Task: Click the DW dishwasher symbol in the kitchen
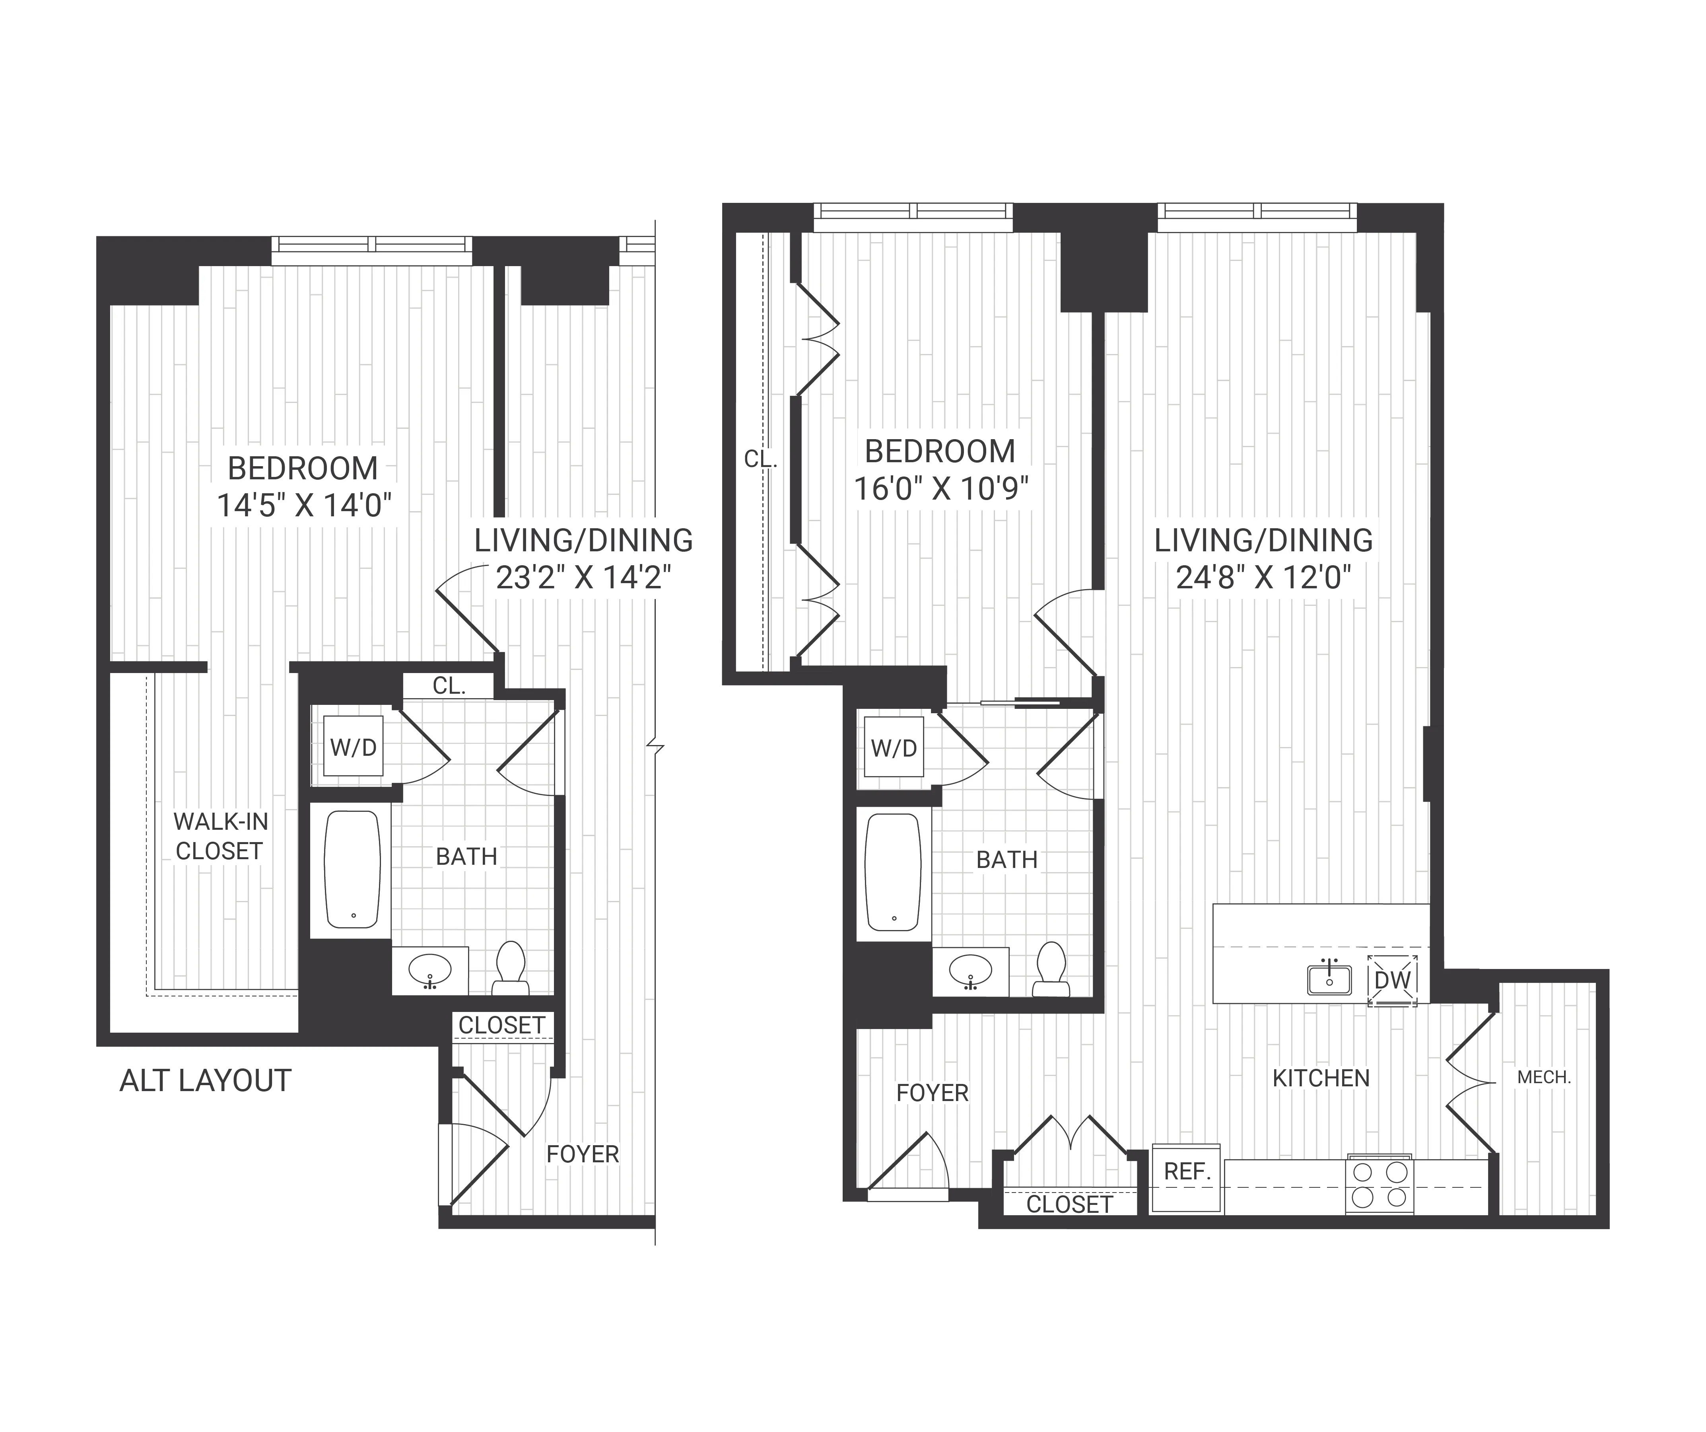1392,980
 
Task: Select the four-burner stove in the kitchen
1380,1185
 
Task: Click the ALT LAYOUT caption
206,1081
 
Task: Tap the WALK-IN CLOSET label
220,836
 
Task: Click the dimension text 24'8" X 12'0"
1263,578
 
